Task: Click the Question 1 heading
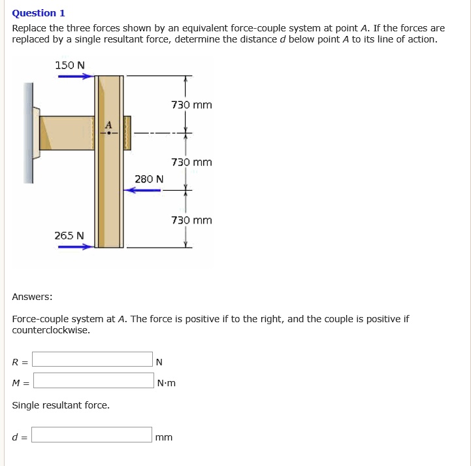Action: point(39,13)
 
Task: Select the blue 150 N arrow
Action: point(75,76)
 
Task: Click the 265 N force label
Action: point(69,235)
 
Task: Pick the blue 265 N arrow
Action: point(75,247)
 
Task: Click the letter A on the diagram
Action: point(108,125)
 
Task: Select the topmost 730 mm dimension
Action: point(191,105)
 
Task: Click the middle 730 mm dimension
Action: point(191,162)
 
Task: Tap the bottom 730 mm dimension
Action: point(191,220)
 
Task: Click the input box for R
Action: point(93,359)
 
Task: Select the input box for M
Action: point(93,380)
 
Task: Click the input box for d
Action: point(93,435)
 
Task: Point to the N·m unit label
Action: point(167,383)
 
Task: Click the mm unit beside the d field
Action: point(164,437)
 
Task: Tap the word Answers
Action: point(32,297)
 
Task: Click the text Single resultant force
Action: point(61,405)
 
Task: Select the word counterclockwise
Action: point(51,330)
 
